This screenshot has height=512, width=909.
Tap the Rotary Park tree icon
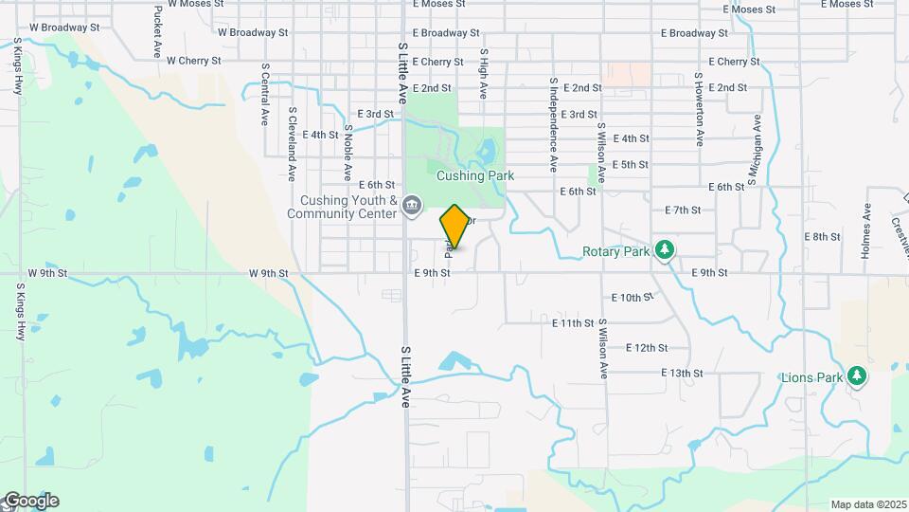click(665, 249)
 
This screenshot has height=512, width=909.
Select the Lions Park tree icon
click(857, 376)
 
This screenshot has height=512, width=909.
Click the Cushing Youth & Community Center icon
click(412, 205)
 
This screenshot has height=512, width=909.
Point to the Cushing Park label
click(474, 175)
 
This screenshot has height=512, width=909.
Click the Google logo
click(30, 501)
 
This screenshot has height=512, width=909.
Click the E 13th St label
click(682, 373)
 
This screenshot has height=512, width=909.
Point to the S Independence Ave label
click(553, 124)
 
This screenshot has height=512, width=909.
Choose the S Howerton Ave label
click(700, 109)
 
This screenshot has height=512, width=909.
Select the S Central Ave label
click(264, 95)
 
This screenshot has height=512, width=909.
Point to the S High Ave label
click(483, 75)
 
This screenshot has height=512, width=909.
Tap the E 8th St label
click(822, 236)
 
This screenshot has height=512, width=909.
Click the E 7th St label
click(683, 210)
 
